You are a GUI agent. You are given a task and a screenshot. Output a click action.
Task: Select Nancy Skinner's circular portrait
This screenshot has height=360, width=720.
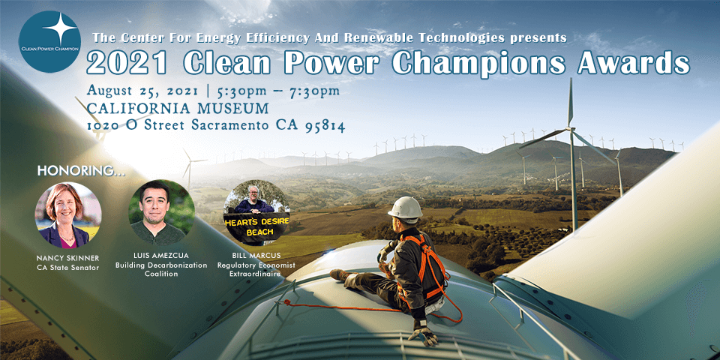[x=67, y=215]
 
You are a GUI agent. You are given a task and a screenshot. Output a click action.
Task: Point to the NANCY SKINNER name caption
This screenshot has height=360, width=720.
[x=67, y=257]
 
